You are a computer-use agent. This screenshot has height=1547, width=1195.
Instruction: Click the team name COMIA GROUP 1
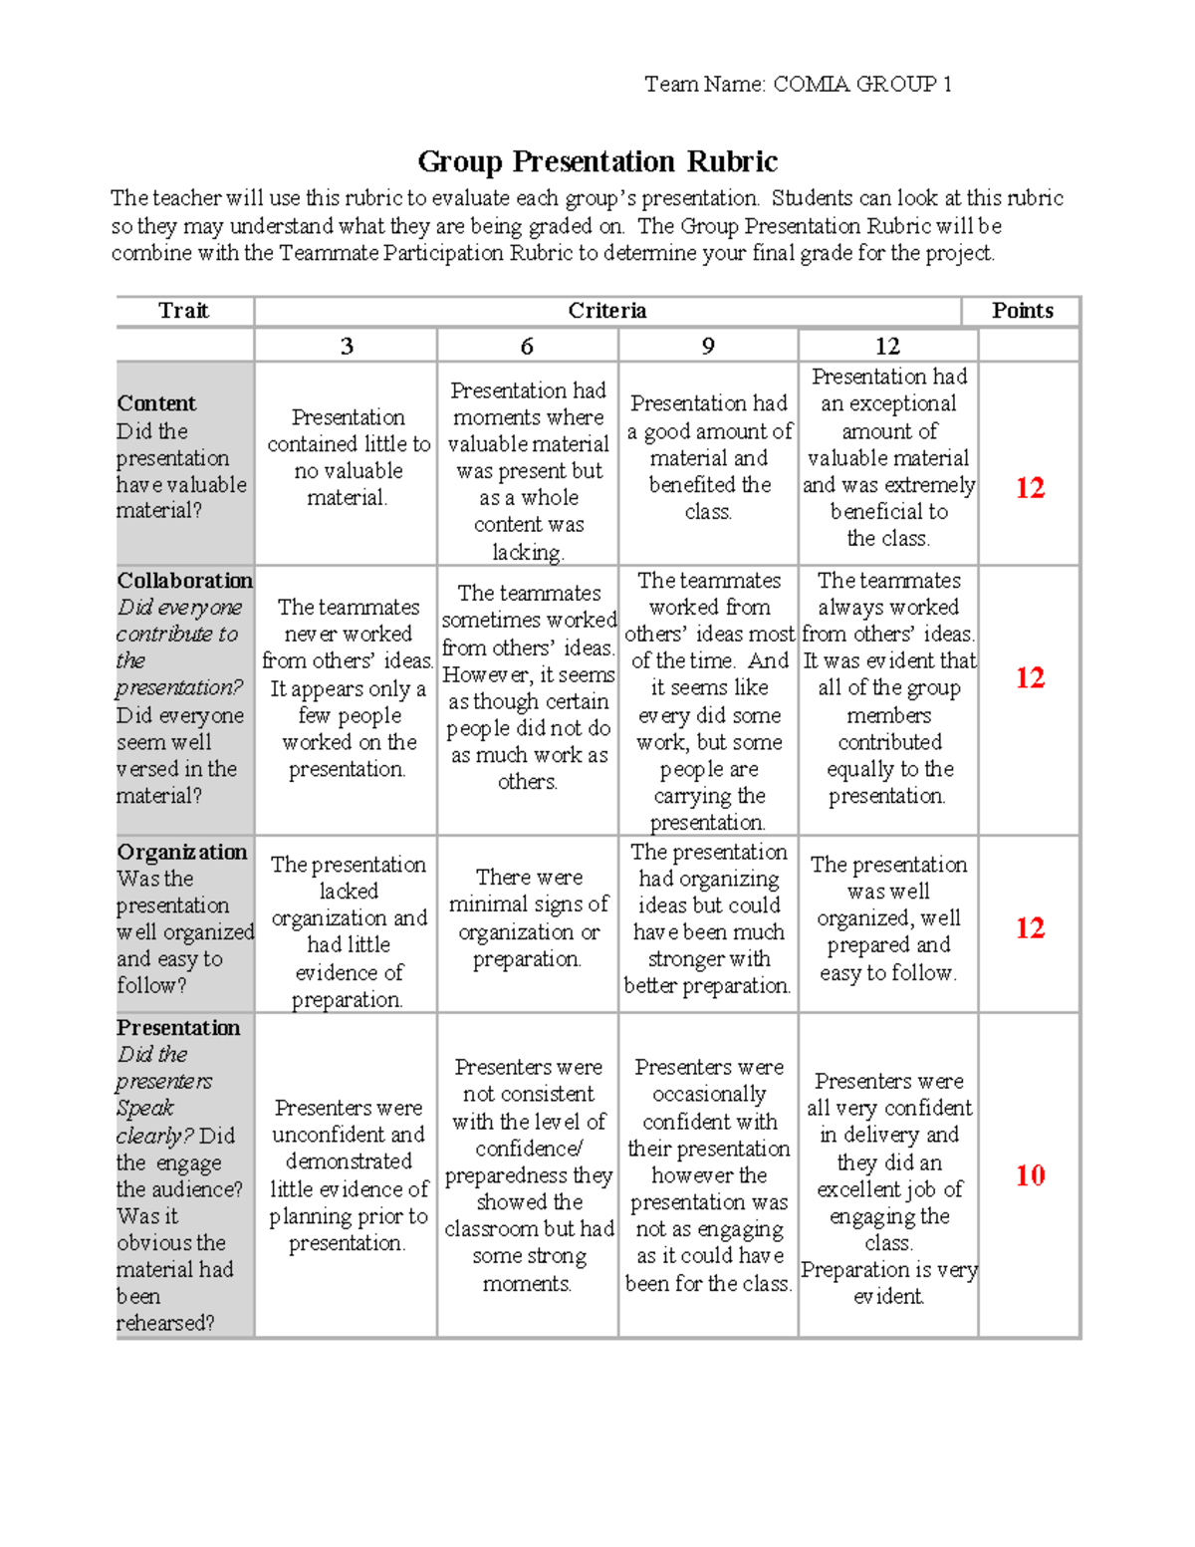click(x=862, y=85)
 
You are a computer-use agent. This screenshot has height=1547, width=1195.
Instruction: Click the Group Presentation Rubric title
click(x=597, y=161)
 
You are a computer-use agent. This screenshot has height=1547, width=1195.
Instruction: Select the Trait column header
click(x=183, y=311)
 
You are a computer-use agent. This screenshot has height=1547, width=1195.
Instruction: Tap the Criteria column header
click(x=606, y=311)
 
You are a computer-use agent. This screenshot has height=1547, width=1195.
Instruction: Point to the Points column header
click(x=1022, y=311)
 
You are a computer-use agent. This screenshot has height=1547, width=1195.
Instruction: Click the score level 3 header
click(x=346, y=346)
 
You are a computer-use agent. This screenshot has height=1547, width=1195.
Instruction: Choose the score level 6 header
click(x=527, y=346)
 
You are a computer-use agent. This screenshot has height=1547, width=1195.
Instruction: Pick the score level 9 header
click(x=708, y=346)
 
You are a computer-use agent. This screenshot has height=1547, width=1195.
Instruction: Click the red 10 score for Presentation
click(x=1030, y=1175)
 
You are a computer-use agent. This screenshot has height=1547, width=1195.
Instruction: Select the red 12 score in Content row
click(x=1030, y=488)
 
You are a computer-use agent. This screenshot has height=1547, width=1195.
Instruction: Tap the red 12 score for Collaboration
click(x=1030, y=678)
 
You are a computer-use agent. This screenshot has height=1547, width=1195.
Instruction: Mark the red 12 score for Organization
click(x=1030, y=928)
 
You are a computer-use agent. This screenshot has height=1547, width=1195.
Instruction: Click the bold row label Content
click(x=156, y=403)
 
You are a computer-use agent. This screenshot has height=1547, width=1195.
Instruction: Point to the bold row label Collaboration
click(x=184, y=581)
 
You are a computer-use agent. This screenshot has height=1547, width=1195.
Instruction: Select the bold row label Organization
click(x=181, y=852)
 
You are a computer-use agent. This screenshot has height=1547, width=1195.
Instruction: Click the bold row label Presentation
click(x=178, y=1028)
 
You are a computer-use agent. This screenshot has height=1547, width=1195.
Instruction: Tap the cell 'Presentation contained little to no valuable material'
click(x=348, y=457)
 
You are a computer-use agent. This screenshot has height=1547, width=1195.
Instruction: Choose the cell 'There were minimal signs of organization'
click(x=527, y=917)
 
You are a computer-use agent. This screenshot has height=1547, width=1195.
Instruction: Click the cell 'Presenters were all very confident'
click(x=888, y=1188)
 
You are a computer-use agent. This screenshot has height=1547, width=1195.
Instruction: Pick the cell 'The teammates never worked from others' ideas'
click(x=348, y=687)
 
